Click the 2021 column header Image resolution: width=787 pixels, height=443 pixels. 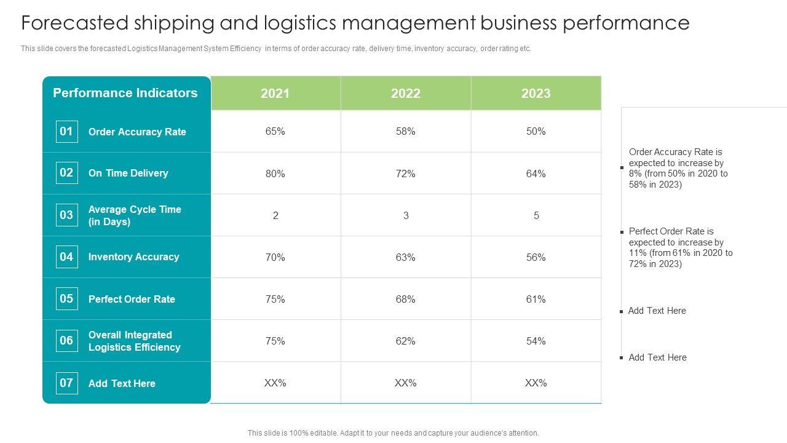tap(275, 94)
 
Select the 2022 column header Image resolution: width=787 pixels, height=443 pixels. tap(406, 94)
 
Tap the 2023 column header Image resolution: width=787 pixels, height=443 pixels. tap(536, 94)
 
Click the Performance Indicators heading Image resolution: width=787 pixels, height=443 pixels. tap(125, 93)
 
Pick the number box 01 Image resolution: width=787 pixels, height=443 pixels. tap(66, 131)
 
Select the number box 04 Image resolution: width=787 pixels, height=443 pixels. tap(66, 257)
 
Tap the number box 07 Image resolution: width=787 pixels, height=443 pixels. tap(66, 383)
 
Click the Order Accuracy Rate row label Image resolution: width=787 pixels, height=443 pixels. tap(137, 132)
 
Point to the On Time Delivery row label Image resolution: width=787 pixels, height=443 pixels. tap(128, 173)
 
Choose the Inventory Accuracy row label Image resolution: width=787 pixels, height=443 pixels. tap(133, 257)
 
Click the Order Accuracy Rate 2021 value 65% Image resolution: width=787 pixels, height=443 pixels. tap(275, 131)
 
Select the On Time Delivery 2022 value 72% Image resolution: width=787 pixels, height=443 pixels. tap(406, 174)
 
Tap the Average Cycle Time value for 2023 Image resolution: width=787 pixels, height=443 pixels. tap(536, 215)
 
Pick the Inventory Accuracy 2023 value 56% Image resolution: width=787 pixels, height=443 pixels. tap(536, 257)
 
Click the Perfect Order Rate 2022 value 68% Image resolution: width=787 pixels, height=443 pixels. tap(406, 299)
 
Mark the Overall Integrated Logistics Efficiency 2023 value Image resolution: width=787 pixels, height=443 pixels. tap(536, 341)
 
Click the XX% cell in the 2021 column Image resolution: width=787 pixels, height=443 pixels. tap(275, 383)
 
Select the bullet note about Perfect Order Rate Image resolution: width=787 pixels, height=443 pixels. tap(681, 247)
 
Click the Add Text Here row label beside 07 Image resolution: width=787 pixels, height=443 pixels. tap(122, 383)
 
